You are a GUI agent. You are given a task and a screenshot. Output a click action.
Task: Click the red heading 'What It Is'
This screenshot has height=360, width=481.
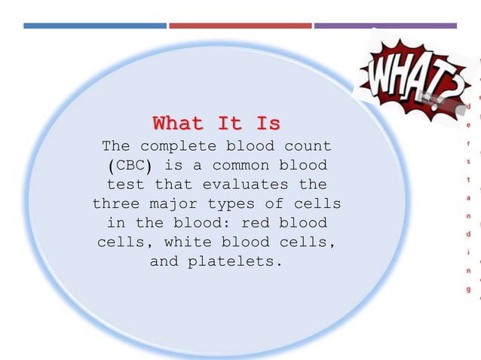[x=216, y=122]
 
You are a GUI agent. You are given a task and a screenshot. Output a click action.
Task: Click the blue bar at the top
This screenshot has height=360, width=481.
[x=95, y=26]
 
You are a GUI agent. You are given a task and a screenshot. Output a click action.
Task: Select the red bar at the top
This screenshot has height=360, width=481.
[x=240, y=26]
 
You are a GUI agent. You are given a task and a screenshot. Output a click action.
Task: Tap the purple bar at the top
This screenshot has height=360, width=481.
[x=384, y=26]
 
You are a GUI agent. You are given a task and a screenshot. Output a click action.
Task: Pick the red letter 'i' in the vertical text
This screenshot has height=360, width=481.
[x=468, y=252]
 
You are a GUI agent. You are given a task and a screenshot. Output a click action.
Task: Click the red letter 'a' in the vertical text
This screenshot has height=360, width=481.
[x=468, y=197]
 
